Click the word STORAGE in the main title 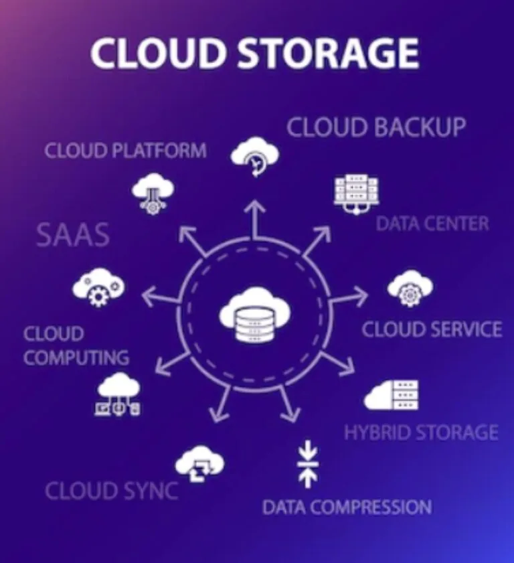pyautogui.click(x=328, y=53)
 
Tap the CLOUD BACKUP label pyautogui.click(x=376, y=127)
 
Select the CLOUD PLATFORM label pyautogui.click(x=126, y=150)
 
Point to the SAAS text pyautogui.click(x=73, y=235)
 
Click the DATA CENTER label pyautogui.click(x=432, y=224)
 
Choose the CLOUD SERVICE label pyautogui.click(x=432, y=329)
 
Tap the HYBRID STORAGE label pyautogui.click(x=421, y=432)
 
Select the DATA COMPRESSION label pyautogui.click(x=347, y=507)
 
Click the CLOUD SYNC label pyautogui.click(x=112, y=491)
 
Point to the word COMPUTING pyautogui.click(x=76, y=357)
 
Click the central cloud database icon pyautogui.click(x=255, y=314)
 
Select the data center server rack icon pyautogui.click(x=357, y=195)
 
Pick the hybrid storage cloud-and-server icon pyautogui.click(x=392, y=394)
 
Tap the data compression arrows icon pyautogui.click(x=308, y=463)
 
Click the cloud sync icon pyautogui.click(x=199, y=464)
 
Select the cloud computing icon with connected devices pyautogui.click(x=118, y=394)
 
